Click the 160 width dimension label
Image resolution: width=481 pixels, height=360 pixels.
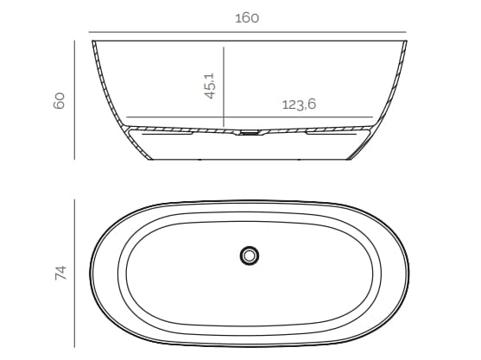coord(247,16)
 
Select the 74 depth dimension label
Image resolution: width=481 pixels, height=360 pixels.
coord(60,273)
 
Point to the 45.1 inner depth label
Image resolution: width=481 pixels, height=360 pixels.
coord(210,85)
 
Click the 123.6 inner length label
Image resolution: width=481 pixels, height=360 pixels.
coord(299,104)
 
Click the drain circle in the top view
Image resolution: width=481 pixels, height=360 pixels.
coord(250,255)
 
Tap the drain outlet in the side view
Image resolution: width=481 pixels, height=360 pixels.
coord(249,133)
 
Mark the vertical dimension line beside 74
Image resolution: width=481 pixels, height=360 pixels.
coord(76,273)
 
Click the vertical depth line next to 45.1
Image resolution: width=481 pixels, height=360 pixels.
coord(223,86)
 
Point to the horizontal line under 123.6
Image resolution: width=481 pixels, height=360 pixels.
coord(250,117)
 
